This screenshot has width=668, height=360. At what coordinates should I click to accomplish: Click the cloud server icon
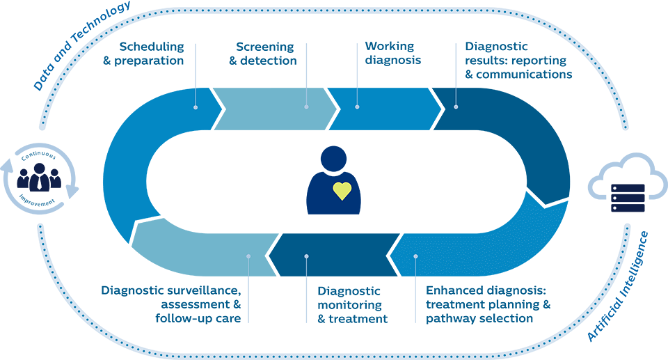coord(624,183)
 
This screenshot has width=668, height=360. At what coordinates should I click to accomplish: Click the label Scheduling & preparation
coord(152,54)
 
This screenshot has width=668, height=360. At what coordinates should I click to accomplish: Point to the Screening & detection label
coord(266,54)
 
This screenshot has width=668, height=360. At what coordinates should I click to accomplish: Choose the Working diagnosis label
coord(392,54)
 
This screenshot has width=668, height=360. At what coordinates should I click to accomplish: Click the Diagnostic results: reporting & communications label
coord(518,61)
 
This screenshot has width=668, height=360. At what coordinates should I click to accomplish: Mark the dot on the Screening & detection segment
coord(306,107)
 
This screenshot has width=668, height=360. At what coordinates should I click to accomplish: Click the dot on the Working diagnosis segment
coord(357,107)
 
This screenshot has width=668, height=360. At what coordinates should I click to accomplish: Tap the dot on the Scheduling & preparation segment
coord(196,107)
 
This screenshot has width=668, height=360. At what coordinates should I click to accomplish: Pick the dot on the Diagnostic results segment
coord(456,107)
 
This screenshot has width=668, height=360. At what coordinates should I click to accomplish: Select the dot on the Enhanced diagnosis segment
coord(415,256)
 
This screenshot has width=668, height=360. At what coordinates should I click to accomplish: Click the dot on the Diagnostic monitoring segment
coord(306,256)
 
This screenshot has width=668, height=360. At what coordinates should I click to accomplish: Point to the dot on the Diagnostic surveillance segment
coord(248,256)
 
